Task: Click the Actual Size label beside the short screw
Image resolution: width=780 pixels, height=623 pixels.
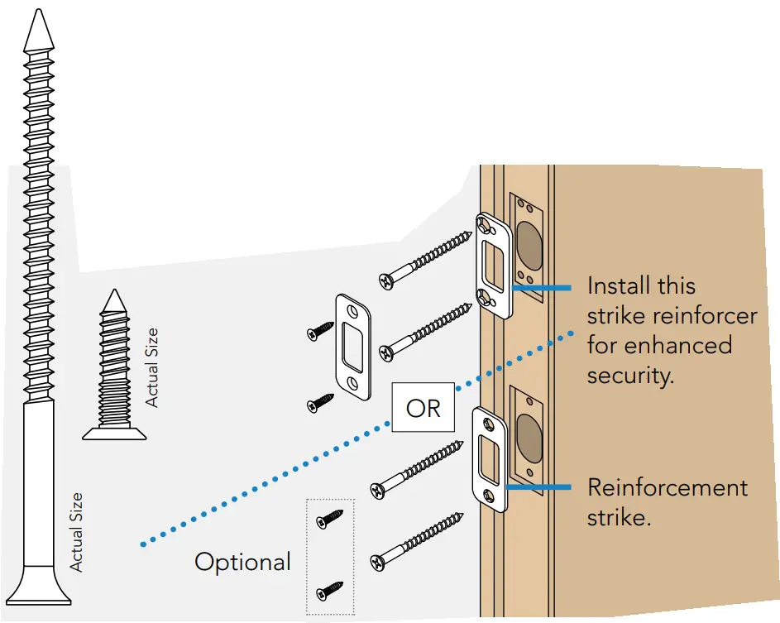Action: pos(151,367)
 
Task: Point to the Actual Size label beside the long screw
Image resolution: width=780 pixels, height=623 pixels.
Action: pos(76,532)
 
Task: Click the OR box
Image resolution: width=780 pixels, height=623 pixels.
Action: pos(423,408)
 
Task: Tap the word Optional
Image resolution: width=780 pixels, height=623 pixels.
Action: pos(242,563)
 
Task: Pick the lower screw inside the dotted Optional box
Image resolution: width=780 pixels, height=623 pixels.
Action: pos(330,589)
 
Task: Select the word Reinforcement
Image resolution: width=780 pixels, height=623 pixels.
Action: pos(668,487)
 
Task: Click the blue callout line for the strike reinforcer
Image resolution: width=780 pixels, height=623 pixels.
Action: pos(541,288)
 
